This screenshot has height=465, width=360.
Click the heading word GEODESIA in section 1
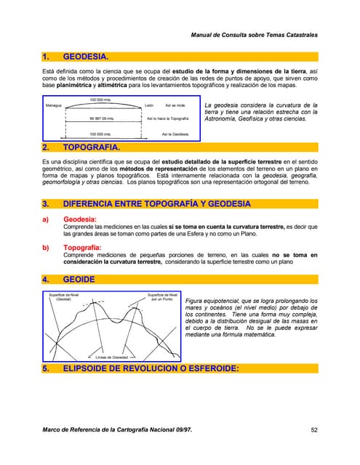click(x=87, y=57)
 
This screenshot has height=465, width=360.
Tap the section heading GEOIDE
click(x=79, y=278)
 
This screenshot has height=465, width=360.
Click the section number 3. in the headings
click(x=47, y=203)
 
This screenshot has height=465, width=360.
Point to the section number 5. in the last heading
click(x=47, y=368)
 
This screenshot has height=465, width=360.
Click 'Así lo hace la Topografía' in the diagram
click(x=168, y=117)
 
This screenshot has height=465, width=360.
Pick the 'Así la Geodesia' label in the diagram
click(x=175, y=134)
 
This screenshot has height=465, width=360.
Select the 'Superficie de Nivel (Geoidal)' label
click(x=63, y=296)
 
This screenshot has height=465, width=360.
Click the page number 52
click(x=314, y=429)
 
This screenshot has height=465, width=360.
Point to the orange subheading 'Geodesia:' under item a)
click(x=82, y=218)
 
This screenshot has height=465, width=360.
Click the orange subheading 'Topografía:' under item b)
click(x=87, y=248)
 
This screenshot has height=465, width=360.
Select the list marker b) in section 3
click(x=47, y=248)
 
